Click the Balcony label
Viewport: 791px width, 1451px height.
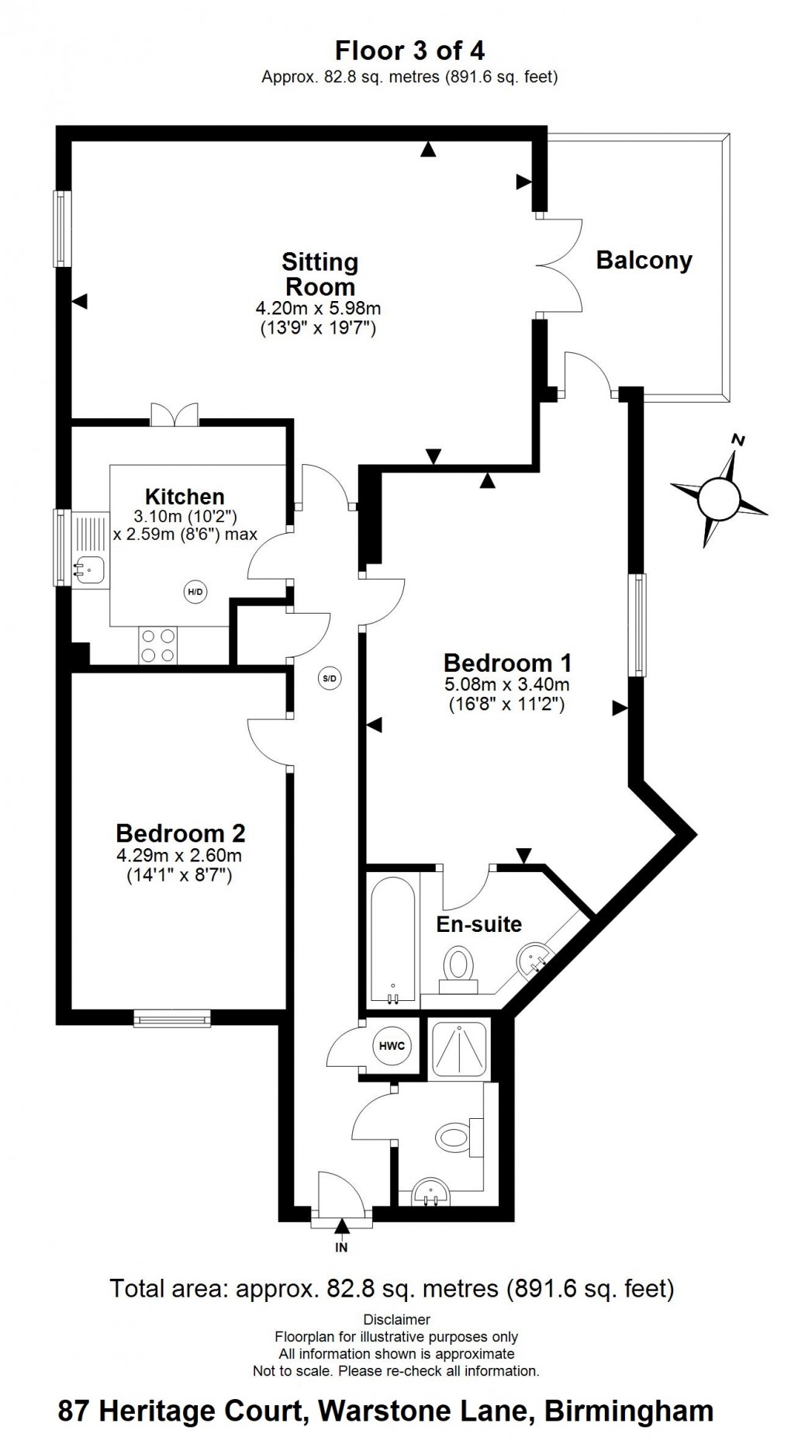pos(644,261)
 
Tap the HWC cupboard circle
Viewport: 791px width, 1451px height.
pos(392,1045)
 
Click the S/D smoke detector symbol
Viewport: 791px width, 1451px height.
pos(330,678)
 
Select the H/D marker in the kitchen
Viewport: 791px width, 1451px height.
pos(195,592)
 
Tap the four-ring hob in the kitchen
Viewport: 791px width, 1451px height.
pos(157,646)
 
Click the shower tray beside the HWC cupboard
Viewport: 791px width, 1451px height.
pos(459,1050)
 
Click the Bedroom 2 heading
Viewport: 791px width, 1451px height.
pos(181,833)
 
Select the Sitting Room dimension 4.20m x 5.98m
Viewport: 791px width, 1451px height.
pos(318,308)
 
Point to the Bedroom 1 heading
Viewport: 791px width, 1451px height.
pos(507,663)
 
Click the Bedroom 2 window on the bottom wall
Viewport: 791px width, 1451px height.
pos(172,1017)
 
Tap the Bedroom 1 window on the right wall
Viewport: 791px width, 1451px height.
pos(637,625)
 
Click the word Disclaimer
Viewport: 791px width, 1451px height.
pos(396,1319)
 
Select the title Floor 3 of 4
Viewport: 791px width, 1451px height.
pos(409,51)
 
